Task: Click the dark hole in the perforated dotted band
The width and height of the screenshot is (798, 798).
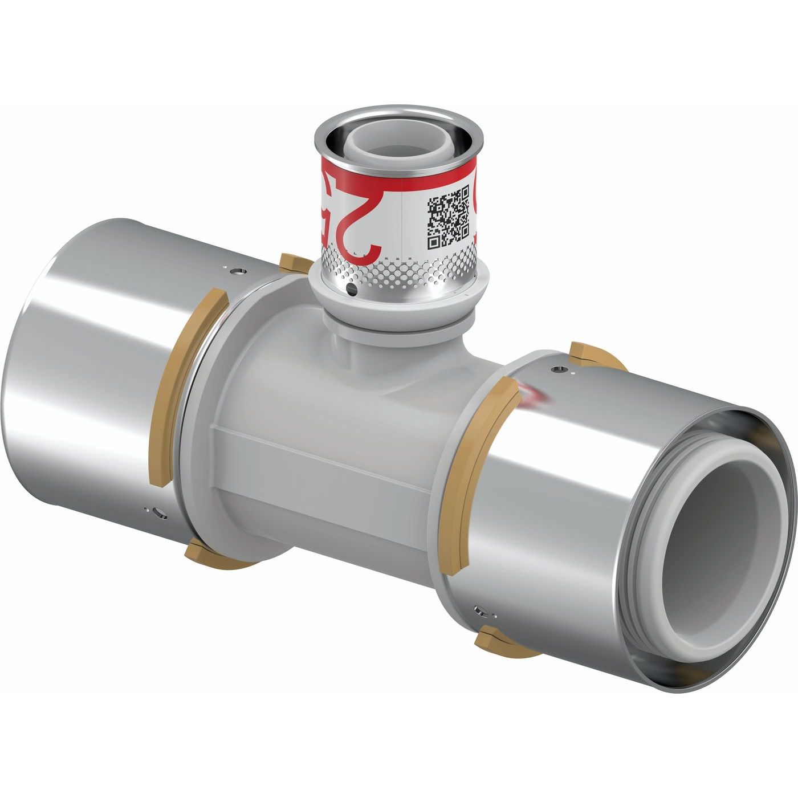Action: click(353, 292)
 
